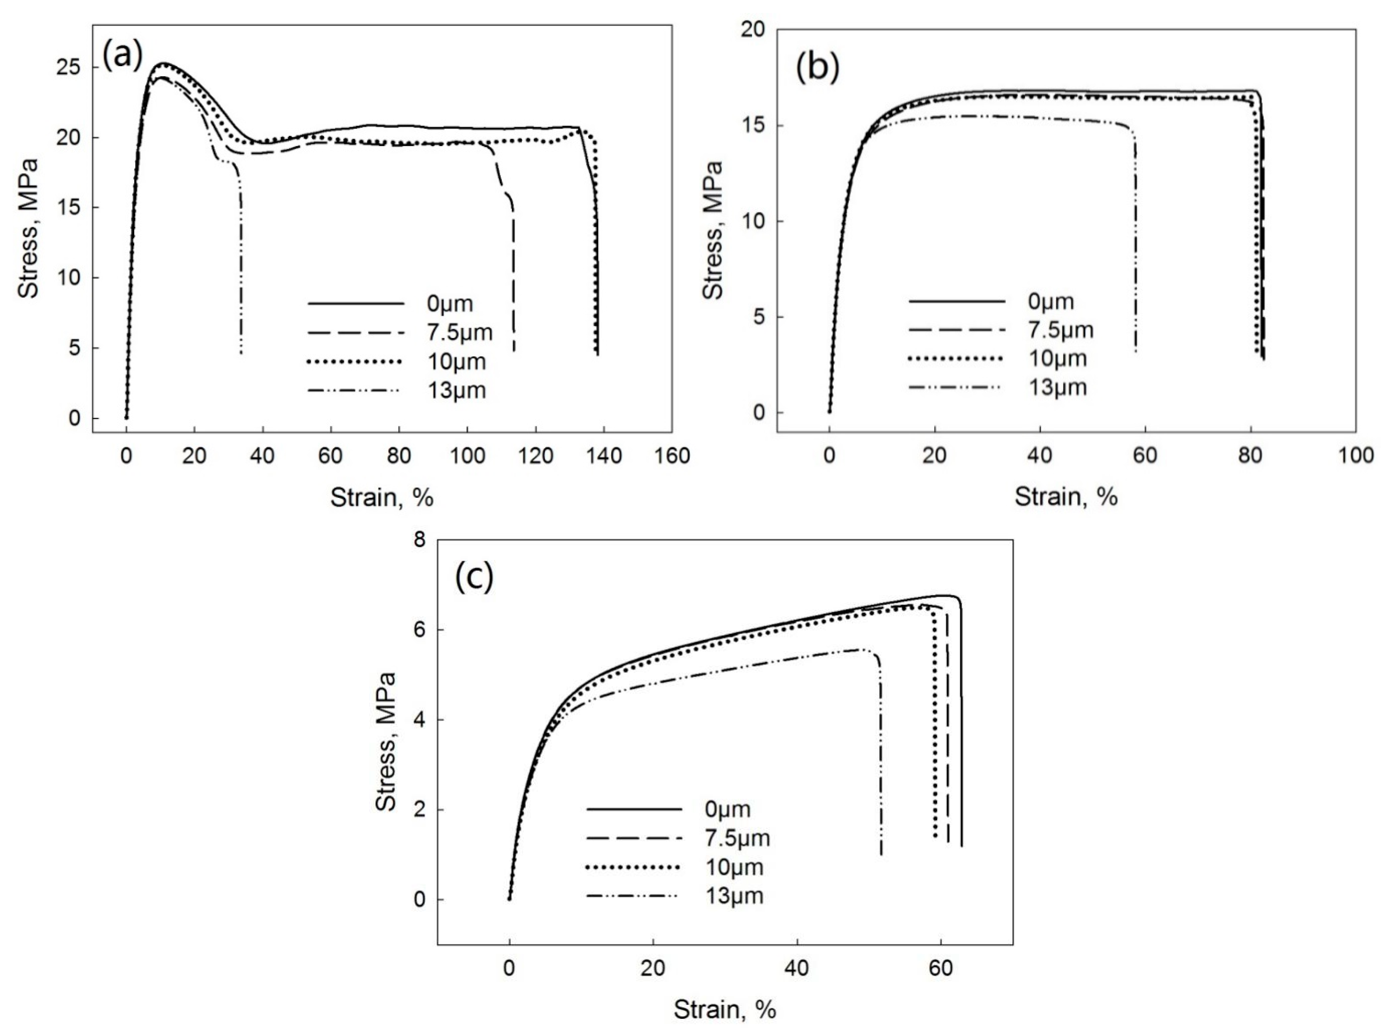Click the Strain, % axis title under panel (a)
pyautogui.click(x=381, y=497)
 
